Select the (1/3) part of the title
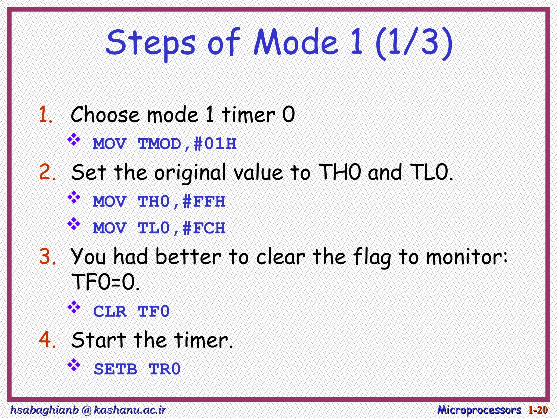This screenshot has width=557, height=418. [414, 44]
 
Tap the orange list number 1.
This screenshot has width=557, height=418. [45, 115]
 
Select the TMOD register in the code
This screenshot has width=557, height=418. [160, 144]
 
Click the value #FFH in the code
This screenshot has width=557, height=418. [204, 202]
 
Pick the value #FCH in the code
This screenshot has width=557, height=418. [204, 228]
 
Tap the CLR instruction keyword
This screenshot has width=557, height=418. [110, 312]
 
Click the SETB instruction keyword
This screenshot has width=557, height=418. [115, 369]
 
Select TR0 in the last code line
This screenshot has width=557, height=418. [165, 369]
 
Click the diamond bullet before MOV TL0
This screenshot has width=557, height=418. [74, 224]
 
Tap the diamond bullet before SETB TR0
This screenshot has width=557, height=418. [74, 365]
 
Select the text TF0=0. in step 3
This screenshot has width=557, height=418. [105, 282]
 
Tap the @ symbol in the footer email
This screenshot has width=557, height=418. [86, 410]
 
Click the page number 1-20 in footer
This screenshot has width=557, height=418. [538, 410]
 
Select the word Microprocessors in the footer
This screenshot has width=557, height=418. [479, 410]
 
